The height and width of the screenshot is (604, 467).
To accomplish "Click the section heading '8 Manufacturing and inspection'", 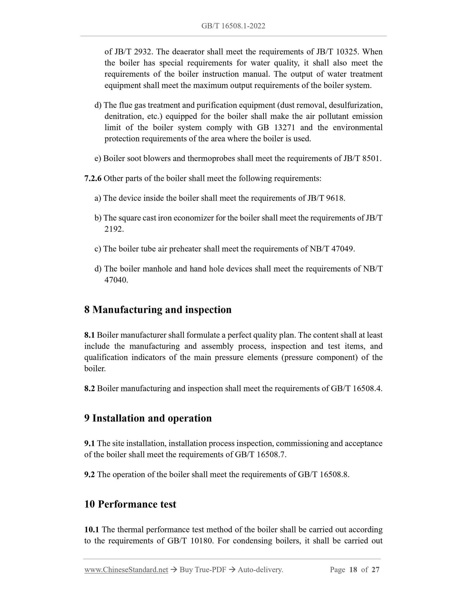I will [158, 309].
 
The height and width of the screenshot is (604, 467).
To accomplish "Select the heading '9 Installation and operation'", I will [148, 418].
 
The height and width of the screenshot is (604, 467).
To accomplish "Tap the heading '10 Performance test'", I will [130, 504].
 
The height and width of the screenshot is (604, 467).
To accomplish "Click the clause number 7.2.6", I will [93, 178].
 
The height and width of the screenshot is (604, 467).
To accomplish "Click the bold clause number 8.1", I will [89, 335].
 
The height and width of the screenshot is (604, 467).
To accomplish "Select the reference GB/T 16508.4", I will [356, 389].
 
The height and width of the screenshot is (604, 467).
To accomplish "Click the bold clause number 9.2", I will [89, 474].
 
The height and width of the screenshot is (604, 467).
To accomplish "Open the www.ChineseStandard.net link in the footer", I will [126, 570].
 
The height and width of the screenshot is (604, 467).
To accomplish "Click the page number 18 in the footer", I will [353, 570].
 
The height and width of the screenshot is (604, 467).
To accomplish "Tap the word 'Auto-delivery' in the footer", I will [260, 570].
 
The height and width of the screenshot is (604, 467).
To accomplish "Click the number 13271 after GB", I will [285, 128].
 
